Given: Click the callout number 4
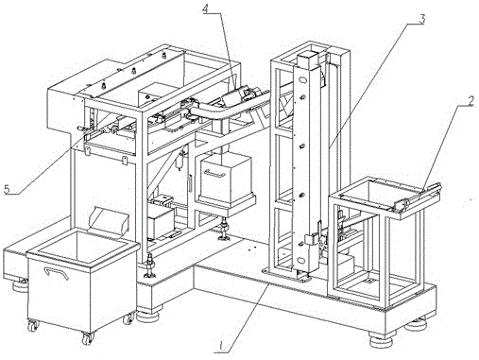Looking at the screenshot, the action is [205, 9].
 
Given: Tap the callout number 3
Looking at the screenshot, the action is [421, 19].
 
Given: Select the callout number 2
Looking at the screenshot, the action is [470, 100].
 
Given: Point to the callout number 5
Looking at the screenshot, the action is [8, 189].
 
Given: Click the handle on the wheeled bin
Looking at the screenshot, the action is [57, 273].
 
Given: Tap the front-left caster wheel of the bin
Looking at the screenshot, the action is [32, 325].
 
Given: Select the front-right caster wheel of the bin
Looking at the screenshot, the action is [87, 338].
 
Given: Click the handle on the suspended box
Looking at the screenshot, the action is [214, 173].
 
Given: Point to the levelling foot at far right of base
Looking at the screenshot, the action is [416, 324].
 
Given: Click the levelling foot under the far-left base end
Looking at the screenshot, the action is [19, 286].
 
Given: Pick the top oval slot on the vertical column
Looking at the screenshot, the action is [301, 80].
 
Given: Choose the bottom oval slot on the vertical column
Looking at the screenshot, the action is [301, 260].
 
